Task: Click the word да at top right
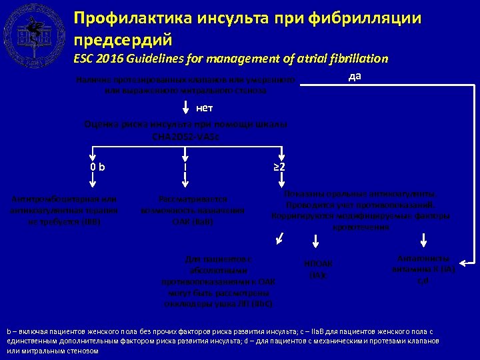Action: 355,75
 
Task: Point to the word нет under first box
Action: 205,108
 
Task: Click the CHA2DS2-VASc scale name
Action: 186,137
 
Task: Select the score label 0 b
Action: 98,165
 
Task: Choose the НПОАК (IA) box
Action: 318,269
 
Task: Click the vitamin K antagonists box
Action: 422,269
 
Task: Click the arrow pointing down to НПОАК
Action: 319,242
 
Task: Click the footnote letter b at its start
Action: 9,331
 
